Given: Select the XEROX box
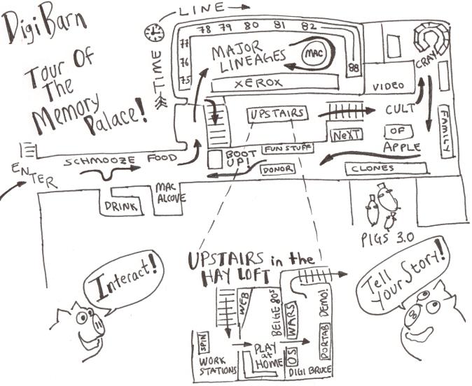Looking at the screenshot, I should coord(257,83).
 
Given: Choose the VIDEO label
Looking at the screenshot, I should coord(389,86).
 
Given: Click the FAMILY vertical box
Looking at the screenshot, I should coord(444,131).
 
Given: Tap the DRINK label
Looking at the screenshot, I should coord(118,207).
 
